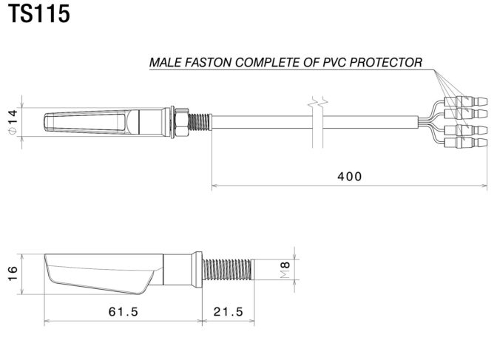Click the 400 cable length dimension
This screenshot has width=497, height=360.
(x=349, y=176)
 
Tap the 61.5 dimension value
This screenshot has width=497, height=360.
(x=124, y=311)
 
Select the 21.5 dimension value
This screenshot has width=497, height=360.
(x=228, y=311)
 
